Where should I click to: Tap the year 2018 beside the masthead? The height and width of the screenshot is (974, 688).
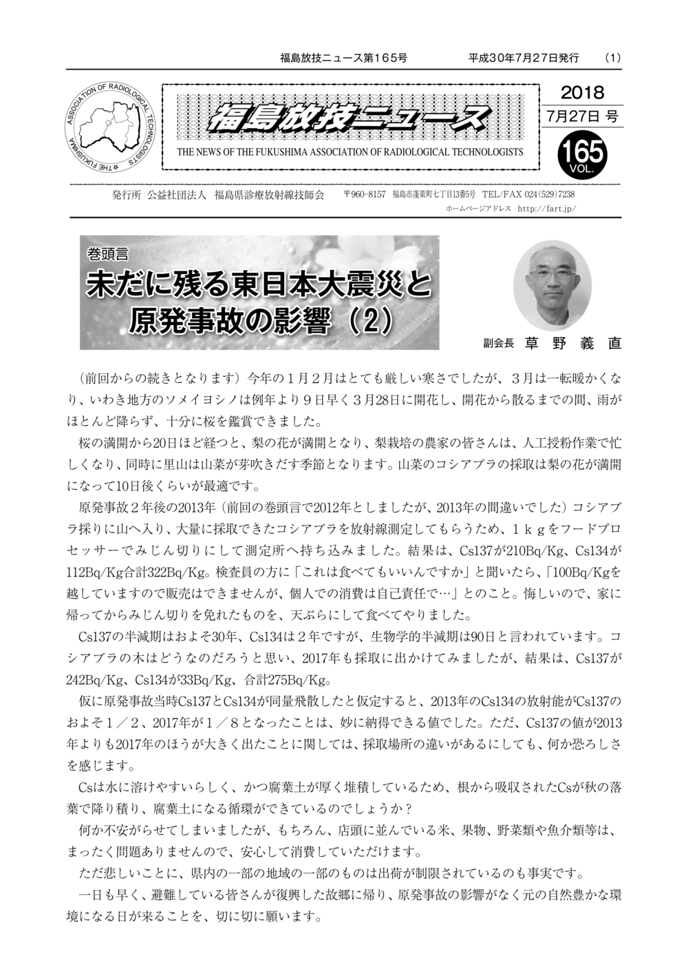pos(582,92)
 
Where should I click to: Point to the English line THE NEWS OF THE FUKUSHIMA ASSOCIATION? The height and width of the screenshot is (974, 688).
pos(350,152)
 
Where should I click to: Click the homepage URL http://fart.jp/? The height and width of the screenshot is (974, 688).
pos(546,208)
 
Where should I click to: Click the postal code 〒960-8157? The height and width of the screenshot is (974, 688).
pos(365,195)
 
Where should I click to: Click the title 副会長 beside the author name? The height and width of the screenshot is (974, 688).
pos(499,344)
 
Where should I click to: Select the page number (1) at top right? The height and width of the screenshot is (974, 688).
pos(612,59)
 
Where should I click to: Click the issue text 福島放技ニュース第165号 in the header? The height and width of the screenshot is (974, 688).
pos(344,59)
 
